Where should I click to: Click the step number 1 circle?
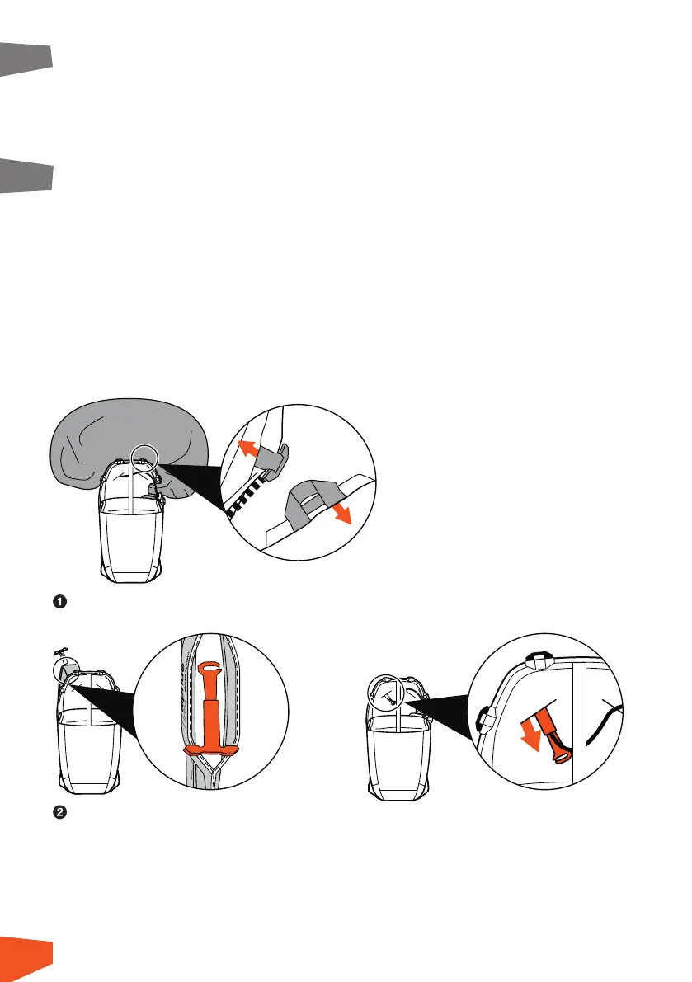click(x=59, y=602)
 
